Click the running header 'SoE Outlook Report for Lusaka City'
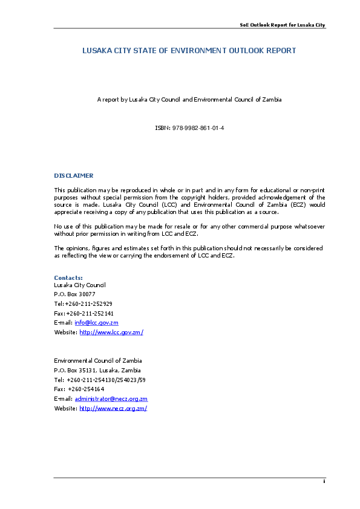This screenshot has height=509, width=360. (283, 25)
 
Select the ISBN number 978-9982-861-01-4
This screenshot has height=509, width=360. (198, 128)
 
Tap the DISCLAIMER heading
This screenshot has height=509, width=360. (74, 176)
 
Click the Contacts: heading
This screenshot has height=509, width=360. (68, 278)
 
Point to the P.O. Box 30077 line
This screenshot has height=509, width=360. (75, 294)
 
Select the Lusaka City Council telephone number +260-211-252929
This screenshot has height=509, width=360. (89, 304)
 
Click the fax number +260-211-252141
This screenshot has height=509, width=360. (90, 314)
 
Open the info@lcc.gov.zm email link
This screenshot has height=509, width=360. (96, 323)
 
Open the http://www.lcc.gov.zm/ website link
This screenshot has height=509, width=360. (111, 332)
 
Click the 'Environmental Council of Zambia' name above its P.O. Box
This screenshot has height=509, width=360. (98, 361)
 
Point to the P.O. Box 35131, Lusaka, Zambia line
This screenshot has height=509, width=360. (97, 371)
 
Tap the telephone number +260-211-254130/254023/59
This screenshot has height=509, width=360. (106, 380)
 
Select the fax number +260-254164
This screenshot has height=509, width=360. (86, 389)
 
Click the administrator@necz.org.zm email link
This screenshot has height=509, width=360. (111, 399)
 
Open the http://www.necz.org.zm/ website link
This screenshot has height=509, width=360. (113, 409)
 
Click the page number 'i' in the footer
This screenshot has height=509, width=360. (324, 481)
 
